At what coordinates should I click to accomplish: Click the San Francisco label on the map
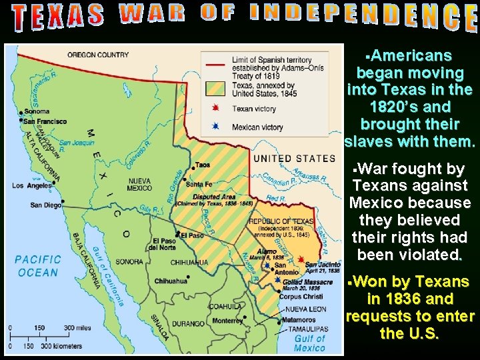coord(45,121)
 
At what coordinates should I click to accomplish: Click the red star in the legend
coord(215,108)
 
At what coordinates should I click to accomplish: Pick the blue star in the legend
coord(215,127)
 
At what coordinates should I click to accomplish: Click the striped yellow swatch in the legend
coord(215,89)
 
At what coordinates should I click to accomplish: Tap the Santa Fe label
coord(199,184)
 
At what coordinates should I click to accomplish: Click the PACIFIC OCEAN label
coord(38,265)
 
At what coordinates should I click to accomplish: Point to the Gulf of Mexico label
coord(309,343)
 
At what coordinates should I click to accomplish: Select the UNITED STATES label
coord(294,159)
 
